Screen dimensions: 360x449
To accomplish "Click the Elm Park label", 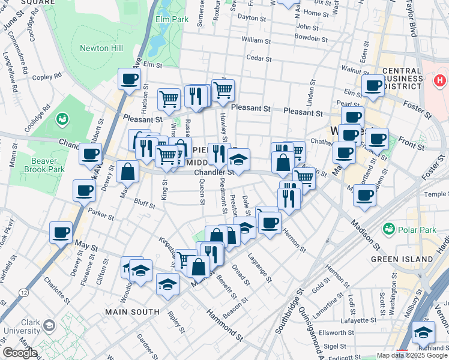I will click(172, 20).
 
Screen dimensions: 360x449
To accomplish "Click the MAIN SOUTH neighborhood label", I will click(132, 312).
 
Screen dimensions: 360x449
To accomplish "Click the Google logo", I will click(20, 353).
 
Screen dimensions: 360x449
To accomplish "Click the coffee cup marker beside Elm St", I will click(129, 79).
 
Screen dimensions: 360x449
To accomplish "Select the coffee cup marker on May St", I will click(61, 232).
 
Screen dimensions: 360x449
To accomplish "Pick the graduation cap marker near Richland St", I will click(424, 332).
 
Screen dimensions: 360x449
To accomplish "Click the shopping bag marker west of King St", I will click(127, 172).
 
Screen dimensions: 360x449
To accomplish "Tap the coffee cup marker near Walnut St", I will click(373, 85).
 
